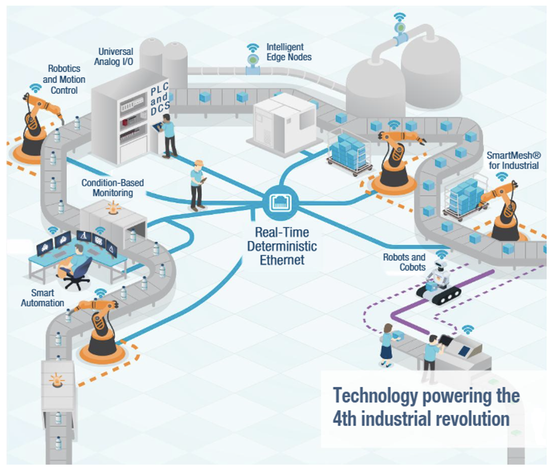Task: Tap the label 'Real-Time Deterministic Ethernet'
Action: click(282, 246)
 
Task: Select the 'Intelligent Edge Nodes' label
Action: click(289, 52)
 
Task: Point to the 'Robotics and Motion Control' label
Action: click(64, 79)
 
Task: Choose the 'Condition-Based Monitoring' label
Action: click(113, 188)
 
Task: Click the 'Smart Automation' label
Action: click(43, 298)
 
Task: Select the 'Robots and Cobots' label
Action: click(404, 262)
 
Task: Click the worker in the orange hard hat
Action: click(197, 184)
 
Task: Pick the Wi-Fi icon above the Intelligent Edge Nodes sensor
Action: click(253, 48)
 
